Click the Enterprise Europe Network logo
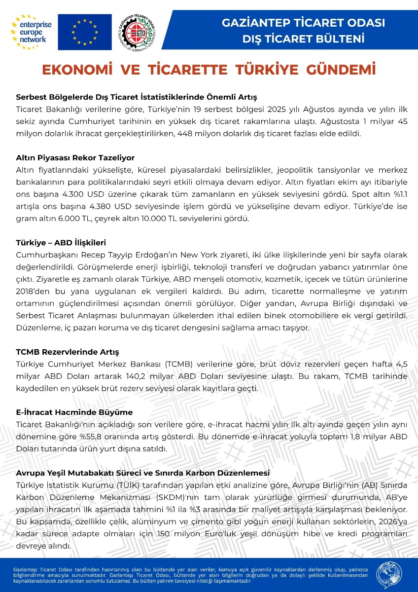(x=33, y=32)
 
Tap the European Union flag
(x=85, y=32)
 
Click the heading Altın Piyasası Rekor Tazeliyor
(x=75, y=158)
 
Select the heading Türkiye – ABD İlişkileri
(x=61, y=243)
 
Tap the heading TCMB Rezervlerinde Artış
(x=68, y=352)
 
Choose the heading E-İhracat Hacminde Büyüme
(x=74, y=412)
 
